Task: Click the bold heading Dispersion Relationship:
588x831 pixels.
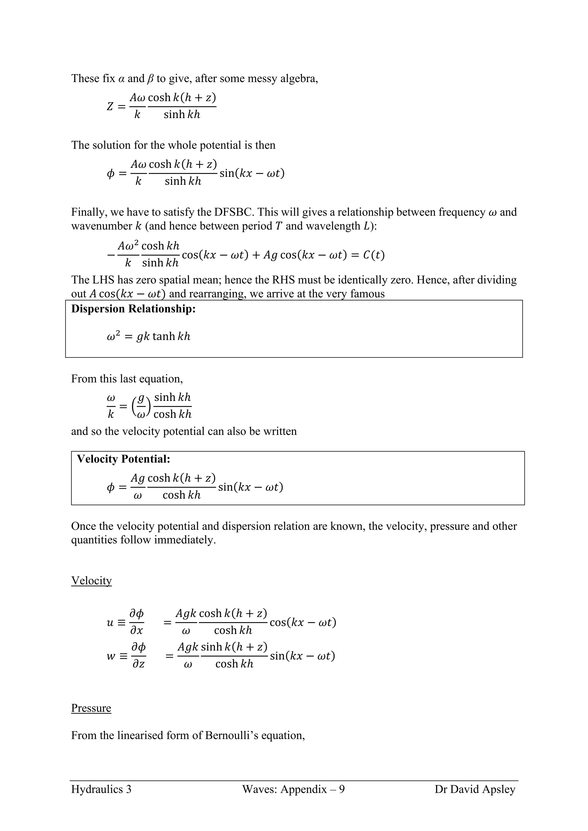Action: tap(133, 309)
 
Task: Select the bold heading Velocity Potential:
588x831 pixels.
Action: tap(123, 459)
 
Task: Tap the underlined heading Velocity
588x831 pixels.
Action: tap(91, 580)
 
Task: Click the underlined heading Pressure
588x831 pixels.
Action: tap(91, 708)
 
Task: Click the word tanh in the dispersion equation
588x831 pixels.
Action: tap(164, 337)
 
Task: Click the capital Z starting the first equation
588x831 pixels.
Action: tap(110, 107)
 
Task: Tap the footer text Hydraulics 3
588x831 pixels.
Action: tap(101, 789)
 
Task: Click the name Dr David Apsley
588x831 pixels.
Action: tap(475, 789)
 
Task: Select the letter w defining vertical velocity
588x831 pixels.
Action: tap(111, 656)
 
